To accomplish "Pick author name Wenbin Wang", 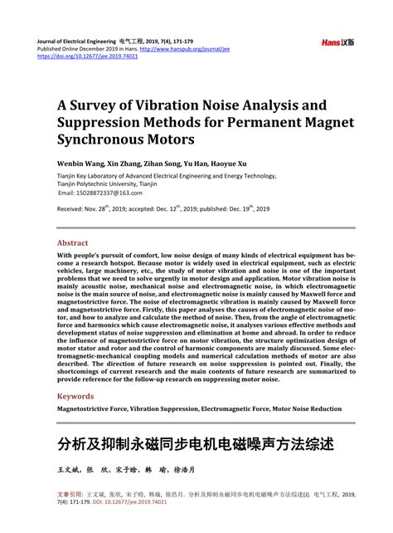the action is (x=80, y=164).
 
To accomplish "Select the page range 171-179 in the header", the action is (x=203, y=39).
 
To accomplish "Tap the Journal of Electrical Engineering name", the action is (x=75, y=39).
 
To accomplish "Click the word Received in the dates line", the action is (x=72, y=210).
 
